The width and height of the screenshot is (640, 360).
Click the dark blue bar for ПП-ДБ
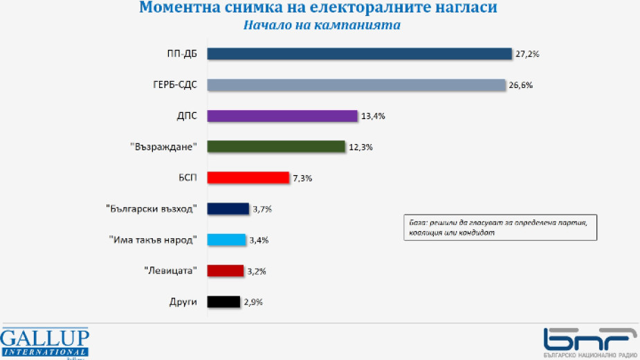pos(359,54)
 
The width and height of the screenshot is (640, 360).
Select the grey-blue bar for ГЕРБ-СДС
pos(357,85)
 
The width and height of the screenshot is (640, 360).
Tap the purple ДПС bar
pos(282,116)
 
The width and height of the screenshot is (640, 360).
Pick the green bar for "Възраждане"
pos(276,147)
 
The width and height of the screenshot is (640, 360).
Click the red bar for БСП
pos(248,178)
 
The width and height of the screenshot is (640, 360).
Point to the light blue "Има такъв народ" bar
pos(227,240)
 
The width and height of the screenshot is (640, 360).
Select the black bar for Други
pos(224,302)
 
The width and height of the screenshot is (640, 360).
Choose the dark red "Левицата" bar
pos(226,271)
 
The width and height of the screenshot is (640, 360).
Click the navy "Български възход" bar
pos(228,208)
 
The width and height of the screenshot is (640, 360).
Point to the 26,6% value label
pos(521,85)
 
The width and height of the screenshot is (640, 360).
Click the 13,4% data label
pos(372,116)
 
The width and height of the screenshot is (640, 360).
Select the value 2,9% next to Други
pos(252,302)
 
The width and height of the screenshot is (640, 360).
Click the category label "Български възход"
pos(157,208)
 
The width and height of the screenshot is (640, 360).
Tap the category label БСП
pos(187,178)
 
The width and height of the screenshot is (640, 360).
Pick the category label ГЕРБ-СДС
pos(176,85)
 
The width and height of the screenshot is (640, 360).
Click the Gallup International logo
pos(45,342)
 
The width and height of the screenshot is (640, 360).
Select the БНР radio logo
pos(590,342)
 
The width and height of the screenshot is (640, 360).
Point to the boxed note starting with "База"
pos(499,227)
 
